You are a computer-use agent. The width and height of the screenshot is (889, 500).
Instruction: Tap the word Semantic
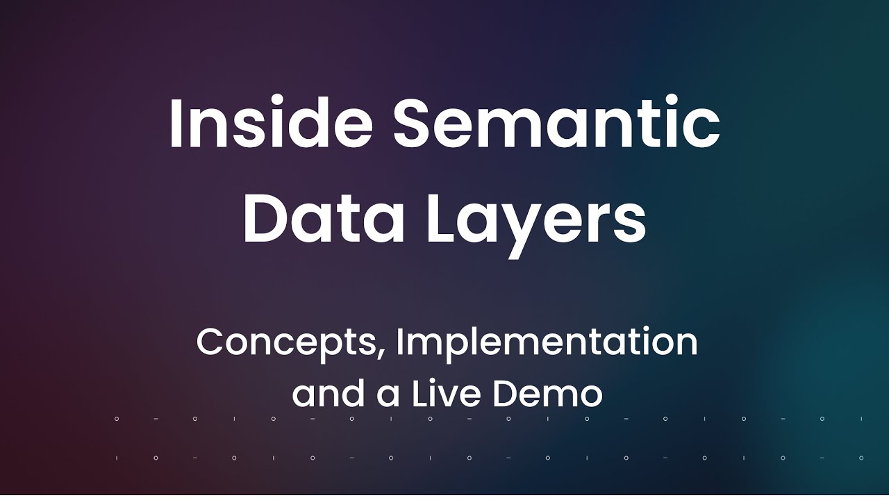tap(556, 124)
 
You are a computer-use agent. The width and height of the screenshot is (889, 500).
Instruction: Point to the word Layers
tap(535, 221)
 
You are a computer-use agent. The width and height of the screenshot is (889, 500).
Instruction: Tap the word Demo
tap(548, 394)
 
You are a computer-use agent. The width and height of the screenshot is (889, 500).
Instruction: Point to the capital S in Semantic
tap(414, 124)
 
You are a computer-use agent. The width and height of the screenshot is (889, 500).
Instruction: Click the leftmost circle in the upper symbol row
tap(117, 419)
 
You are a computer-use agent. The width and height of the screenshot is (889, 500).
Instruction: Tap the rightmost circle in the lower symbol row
tap(861, 458)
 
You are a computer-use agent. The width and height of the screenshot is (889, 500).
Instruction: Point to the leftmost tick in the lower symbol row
tap(117, 458)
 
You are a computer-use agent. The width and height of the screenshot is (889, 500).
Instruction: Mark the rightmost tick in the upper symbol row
tap(861, 419)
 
